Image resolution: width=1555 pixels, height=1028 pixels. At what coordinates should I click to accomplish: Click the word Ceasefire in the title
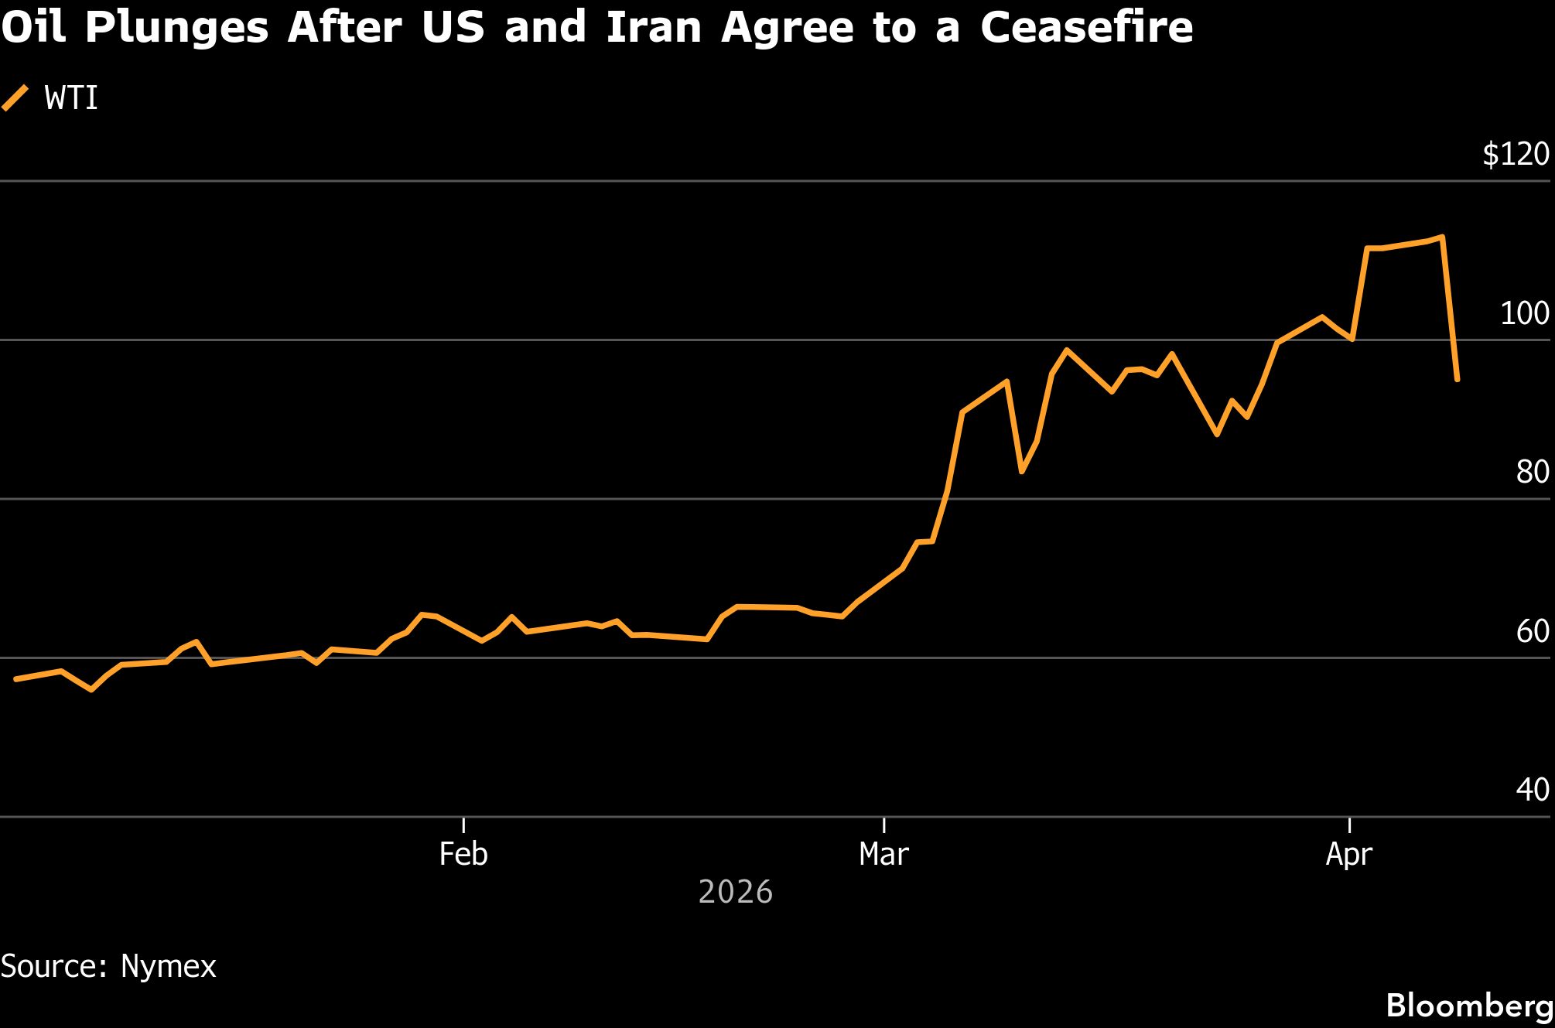(1086, 27)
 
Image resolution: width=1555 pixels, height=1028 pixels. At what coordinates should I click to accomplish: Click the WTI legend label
(71, 99)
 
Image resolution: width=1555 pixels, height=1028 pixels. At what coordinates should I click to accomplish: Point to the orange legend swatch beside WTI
(15, 98)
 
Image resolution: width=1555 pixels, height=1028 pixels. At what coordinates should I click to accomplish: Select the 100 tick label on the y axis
(1525, 313)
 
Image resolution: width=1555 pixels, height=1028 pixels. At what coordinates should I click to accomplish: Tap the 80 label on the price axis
(1532, 472)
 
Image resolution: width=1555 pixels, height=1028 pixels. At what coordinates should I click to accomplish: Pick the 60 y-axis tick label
(1532, 631)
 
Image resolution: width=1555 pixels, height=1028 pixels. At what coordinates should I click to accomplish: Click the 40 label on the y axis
(1532, 790)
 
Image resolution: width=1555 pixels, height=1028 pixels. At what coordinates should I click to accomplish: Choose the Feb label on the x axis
(463, 854)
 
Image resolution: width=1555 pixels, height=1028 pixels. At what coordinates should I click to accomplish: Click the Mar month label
(883, 854)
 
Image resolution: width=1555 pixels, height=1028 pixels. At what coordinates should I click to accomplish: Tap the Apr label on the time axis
(1349, 854)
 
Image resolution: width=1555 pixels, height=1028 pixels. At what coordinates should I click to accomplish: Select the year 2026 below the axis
(735, 893)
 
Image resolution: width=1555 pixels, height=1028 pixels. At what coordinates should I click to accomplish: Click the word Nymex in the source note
(168, 967)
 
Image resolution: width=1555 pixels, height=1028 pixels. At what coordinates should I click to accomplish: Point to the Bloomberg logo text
(1469, 1006)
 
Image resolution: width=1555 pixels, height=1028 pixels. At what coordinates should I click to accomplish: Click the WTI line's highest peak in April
(1442, 237)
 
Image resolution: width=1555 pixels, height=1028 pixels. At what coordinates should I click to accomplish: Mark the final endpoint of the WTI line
(1458, 380)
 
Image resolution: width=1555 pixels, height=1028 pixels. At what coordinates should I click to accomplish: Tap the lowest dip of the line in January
(91, 689)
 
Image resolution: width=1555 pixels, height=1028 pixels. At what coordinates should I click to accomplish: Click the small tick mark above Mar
(883, 825)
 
